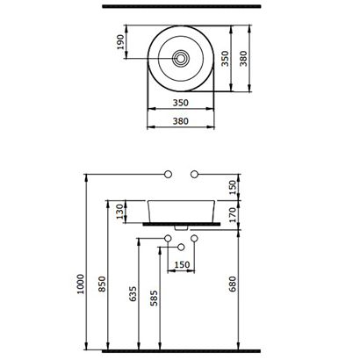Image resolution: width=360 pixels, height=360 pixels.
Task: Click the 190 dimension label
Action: point(120,42)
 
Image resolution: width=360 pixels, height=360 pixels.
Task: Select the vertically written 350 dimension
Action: point(225,58)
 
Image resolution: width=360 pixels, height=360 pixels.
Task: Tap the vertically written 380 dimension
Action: point(243,58)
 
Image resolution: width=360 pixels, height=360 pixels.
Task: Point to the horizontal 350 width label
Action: point(181,103)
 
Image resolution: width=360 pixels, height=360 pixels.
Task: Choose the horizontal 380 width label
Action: point(181,121)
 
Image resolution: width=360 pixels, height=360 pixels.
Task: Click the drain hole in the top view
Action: point(181,58)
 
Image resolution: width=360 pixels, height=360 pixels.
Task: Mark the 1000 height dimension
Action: point(81,284)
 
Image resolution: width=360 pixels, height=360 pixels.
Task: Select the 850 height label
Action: point(102,284)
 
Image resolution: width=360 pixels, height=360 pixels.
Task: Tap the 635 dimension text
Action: point(133,293)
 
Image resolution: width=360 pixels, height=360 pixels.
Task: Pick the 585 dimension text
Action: point(154,298)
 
